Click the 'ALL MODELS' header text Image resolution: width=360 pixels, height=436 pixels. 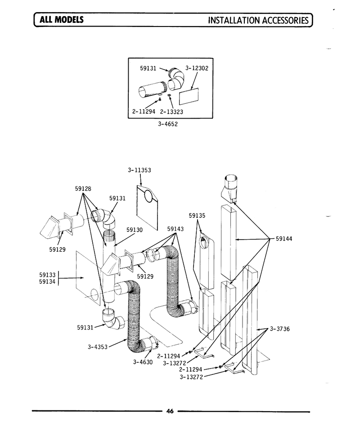(62, 19)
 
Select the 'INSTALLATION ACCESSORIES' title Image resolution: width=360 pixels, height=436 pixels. (258, 20)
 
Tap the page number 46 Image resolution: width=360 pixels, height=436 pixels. (170, 411)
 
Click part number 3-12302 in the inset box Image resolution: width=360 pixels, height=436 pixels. (197, 68)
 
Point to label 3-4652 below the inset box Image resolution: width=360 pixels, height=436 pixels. (167, 124)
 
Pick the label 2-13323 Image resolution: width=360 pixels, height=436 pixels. (171, 112)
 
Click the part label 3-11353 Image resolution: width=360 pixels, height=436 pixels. (139, 170)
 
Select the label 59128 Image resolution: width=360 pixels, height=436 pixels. (83, 188)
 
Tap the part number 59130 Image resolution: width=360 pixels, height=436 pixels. (135, 230)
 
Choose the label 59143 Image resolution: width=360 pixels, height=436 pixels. (175, 229)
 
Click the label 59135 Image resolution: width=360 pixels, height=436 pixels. (197, 215)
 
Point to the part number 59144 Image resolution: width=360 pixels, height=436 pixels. (284, 239)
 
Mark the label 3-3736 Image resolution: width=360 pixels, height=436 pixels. (280, 329)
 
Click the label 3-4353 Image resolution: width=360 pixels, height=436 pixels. (98, 347)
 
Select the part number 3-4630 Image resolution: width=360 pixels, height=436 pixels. (143, 362)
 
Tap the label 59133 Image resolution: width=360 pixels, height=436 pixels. (47, 275)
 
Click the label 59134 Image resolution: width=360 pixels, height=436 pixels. (47, 282)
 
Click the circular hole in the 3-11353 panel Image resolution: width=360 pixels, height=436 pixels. (148, 196)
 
